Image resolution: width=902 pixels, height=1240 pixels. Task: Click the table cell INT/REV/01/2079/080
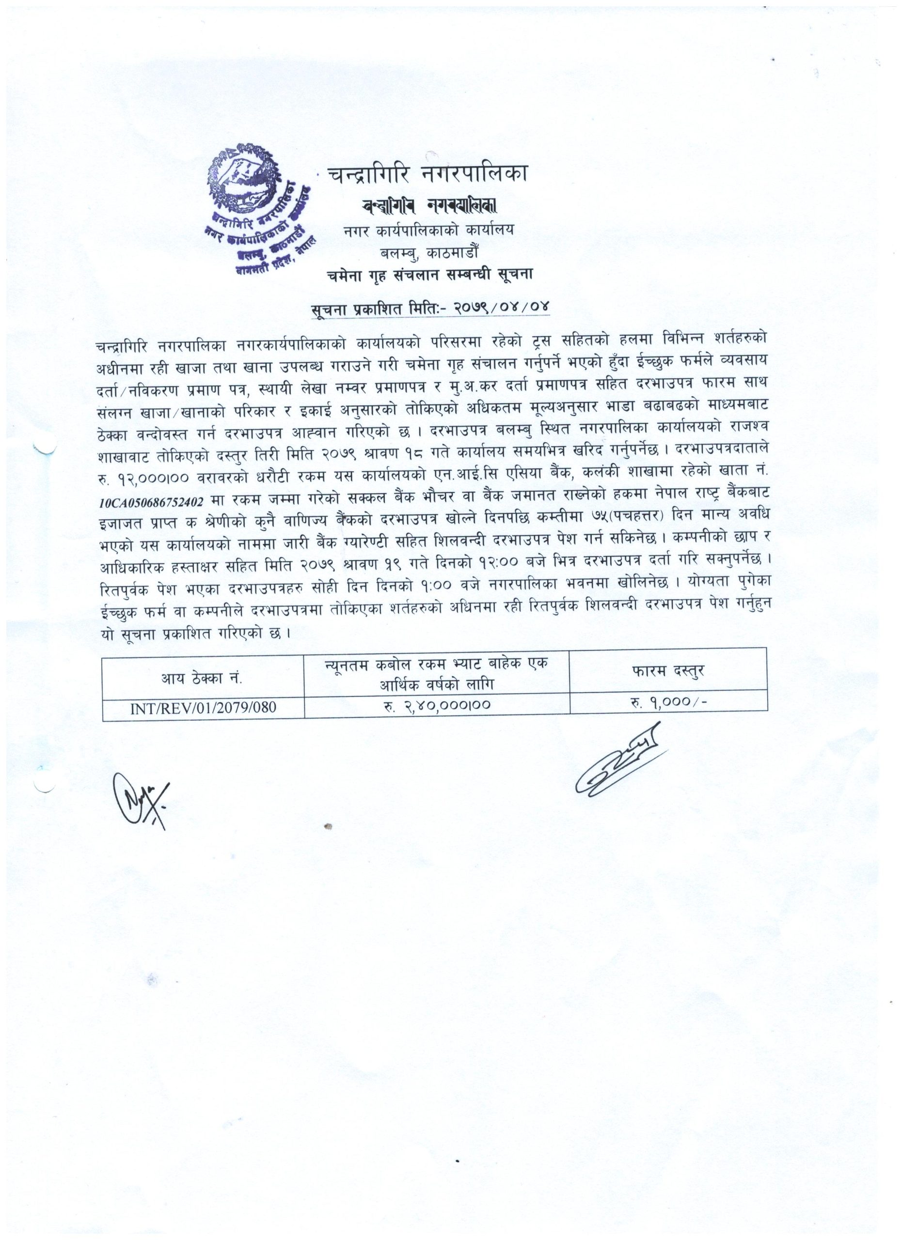(203, 708)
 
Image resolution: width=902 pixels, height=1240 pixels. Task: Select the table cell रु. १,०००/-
(667, 706)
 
